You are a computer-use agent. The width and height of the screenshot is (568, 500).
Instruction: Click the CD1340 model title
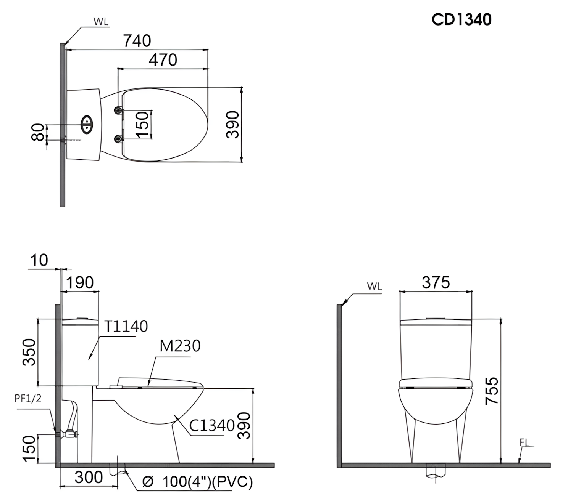[461, 19]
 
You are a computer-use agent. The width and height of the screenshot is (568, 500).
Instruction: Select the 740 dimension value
[137, 41]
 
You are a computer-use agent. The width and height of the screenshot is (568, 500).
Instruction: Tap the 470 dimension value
[163, 60]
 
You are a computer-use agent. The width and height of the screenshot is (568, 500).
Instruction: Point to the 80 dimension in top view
[38, 132]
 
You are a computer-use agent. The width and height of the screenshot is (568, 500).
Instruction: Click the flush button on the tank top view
[87, 124]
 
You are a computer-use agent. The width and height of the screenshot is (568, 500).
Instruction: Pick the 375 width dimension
[436, 282]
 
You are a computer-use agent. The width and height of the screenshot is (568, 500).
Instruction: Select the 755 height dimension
[492, 391]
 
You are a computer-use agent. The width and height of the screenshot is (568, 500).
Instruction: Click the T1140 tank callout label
[126, 326]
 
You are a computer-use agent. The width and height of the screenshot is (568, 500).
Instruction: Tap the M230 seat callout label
[180, 346]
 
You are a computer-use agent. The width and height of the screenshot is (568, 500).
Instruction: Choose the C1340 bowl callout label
[212, 426]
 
